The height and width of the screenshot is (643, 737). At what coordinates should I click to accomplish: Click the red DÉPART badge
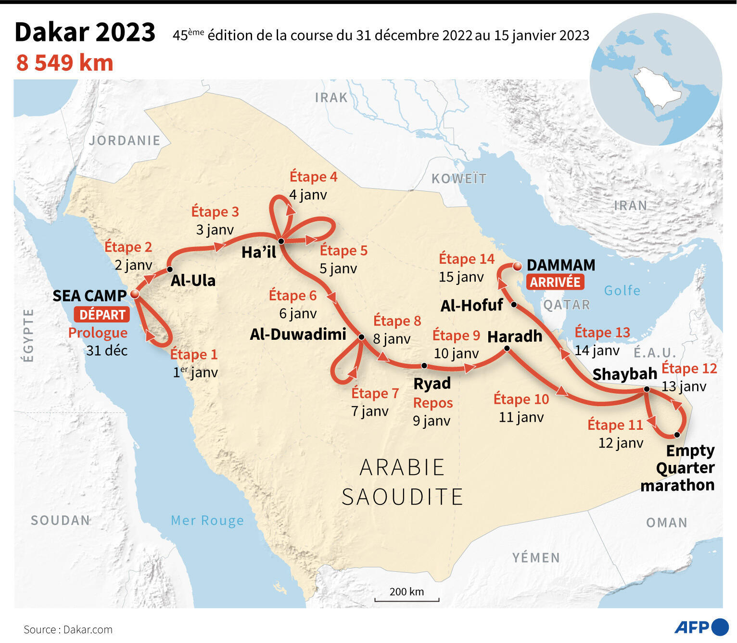102,315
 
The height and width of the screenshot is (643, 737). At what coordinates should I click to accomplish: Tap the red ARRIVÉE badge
555,282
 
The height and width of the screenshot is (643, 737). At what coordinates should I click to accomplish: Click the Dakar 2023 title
85,32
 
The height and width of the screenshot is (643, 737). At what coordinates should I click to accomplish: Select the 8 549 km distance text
65,63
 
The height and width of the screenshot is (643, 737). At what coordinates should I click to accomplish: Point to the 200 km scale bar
407,599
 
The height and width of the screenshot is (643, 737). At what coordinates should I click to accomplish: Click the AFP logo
701,627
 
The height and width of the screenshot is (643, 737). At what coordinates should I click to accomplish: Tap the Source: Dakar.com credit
68,630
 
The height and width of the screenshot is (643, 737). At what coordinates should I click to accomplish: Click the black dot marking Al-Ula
170,269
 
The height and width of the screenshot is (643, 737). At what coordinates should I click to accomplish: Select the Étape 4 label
313,177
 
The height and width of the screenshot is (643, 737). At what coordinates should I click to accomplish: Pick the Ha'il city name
259,252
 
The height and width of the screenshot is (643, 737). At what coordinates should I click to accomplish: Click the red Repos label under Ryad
433,403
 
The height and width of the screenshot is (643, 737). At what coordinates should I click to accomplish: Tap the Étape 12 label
689,369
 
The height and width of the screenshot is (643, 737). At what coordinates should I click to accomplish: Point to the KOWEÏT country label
459,179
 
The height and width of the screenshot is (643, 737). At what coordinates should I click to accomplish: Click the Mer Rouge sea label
207,521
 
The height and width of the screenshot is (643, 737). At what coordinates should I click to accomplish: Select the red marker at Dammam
517,266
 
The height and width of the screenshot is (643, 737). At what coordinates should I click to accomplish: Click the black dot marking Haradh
507,348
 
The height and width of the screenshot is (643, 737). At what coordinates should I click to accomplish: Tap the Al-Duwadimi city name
298,334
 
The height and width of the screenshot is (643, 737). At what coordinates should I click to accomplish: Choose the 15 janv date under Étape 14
461,277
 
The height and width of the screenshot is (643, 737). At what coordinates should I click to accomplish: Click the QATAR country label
567,305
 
